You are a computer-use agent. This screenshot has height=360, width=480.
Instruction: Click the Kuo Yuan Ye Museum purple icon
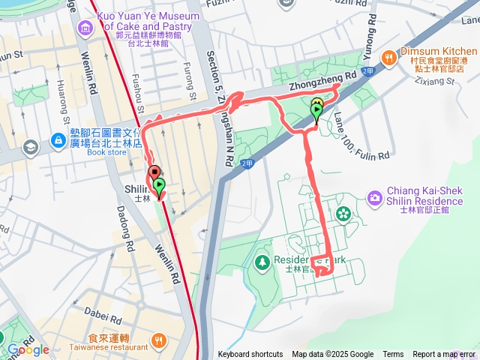pyautogui.click(x=85, y=28)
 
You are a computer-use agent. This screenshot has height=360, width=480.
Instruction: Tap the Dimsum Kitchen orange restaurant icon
pyautogui.click(x=388, y=58)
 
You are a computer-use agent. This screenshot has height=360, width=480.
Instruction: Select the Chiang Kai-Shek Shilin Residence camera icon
pyautogui.click(x=374, y=197)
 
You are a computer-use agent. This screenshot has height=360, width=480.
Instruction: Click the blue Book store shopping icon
pyautogui.click(x=57, y=140)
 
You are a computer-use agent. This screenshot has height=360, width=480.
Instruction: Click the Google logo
pyautogui.click(x=28, y=349)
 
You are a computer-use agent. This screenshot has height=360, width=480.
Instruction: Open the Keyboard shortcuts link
pyautogui.click(x=250, y=355)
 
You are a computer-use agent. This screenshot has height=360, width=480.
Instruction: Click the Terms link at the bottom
pyautogui.click(x=393, y=355)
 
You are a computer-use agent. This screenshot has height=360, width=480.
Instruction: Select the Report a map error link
pyautogui.click(x=444, y=355)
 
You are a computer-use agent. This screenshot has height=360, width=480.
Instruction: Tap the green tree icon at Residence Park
pyautogui.click(x=262, y=262)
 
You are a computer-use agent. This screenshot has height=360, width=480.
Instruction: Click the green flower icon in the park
pyautogui.click(x=343, y=214)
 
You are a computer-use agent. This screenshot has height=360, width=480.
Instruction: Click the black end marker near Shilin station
pyautogui.click(x=154, y=172)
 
